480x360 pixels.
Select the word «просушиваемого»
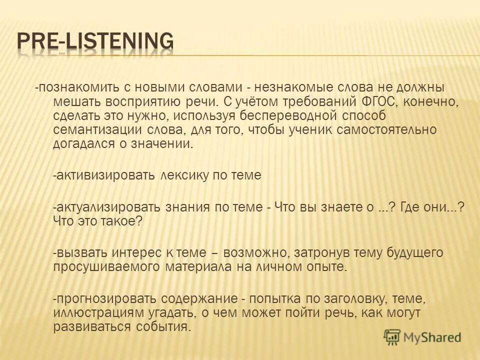pos(106,267)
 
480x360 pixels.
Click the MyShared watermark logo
pos(422,336)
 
